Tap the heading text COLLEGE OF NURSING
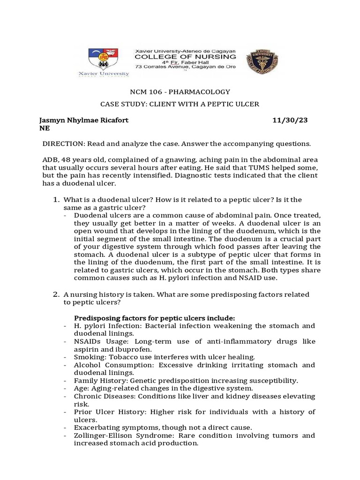pyautogui.click(x=185, y=56)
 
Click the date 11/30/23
pyautogui.click(x=290, y=120)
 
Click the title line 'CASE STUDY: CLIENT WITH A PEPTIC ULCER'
pyautogui.click(x=180, y=104)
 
